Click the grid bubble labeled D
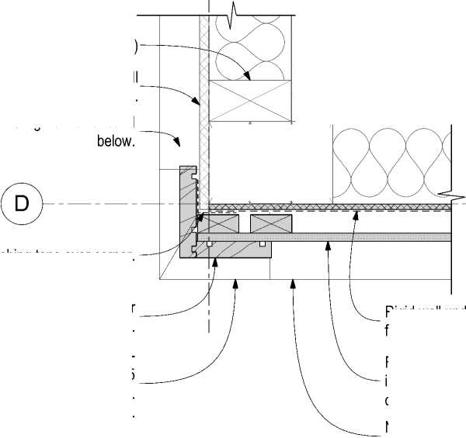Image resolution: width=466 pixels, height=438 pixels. (x=23, y=203)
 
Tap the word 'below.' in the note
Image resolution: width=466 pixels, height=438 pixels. (x=116, y=142)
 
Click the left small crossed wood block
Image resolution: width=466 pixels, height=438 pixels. (x=222, y=223)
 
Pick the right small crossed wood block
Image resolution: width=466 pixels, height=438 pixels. (x=270, y=223)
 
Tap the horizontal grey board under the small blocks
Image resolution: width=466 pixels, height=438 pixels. (x=233, y=250)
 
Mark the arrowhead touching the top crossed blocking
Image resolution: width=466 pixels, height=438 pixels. (x=247, y=78)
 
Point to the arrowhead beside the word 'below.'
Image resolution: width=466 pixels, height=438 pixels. (x=179, y=144)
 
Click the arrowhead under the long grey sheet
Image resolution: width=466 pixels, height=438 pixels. (x=329, y=243)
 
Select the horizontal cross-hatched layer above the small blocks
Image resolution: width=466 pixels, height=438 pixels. (x=326, y=207)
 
